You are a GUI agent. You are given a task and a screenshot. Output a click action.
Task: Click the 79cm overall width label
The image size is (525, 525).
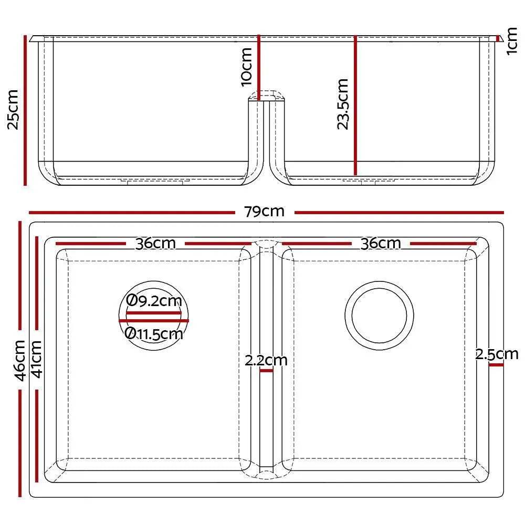tap(264, 212)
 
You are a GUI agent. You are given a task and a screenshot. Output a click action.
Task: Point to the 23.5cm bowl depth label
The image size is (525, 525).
tap(342, 104)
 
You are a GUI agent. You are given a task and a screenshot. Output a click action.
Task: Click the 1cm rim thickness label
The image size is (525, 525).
tap(512, 43)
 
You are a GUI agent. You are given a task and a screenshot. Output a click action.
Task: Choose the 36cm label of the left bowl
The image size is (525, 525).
tap(155, 244)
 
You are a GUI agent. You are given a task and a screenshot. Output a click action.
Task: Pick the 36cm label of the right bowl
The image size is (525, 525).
tap(381, 244)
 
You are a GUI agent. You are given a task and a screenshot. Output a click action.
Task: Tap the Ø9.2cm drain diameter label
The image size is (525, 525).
tap(154, 301)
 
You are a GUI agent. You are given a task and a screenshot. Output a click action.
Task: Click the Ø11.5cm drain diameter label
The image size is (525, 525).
tap(154, 333)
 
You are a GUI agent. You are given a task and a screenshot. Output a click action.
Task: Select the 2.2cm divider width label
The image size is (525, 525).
tap(266, 361)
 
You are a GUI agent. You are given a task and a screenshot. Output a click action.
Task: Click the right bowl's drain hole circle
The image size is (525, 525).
tap(379, 314)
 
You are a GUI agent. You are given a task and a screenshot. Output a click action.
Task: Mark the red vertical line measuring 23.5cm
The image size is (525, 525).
tap(355, 105)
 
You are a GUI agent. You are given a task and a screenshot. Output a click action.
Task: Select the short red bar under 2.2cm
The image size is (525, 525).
tap(266, 371)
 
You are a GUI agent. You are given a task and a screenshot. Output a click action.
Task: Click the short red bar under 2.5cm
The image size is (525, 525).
tap(495, 364)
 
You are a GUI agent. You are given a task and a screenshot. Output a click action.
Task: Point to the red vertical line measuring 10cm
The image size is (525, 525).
tap(258, 67)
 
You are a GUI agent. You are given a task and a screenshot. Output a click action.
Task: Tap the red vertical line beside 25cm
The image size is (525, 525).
tap(25, 110)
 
